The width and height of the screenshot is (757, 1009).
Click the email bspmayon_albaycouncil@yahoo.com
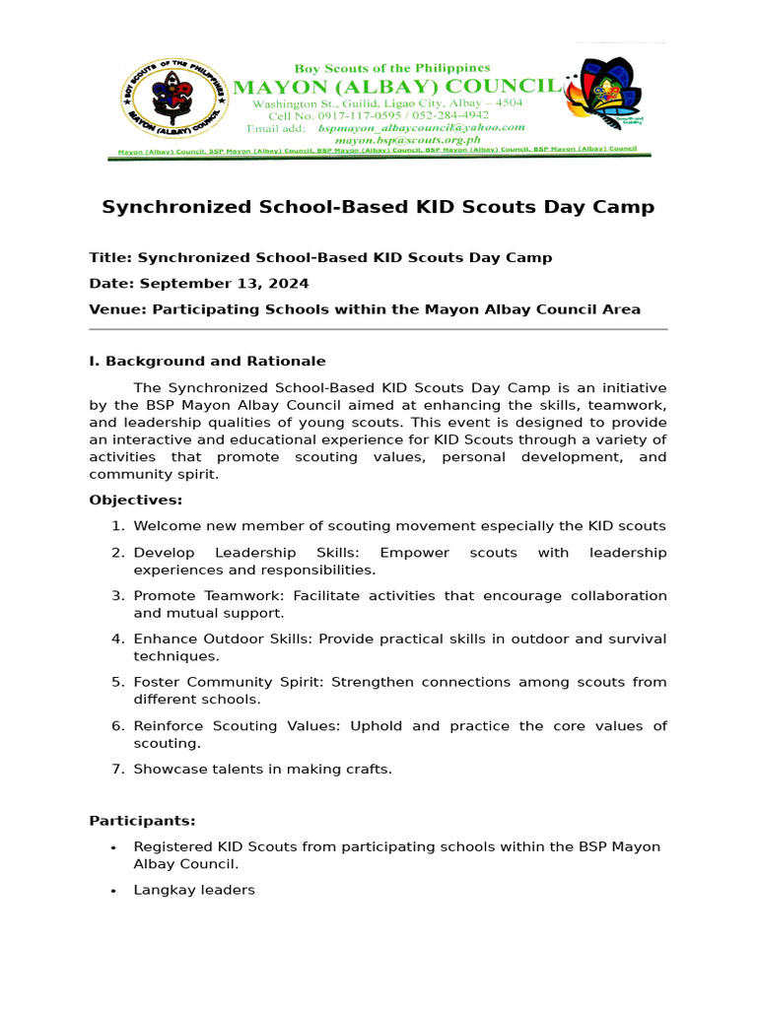(x=421, y=128)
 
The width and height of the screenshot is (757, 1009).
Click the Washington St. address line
(x=387, y=102)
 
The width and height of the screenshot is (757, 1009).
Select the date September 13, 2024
(x=224, y=283)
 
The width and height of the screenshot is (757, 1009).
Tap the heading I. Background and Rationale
(x=207, y=361)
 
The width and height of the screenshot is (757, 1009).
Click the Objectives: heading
(x=135, y=500)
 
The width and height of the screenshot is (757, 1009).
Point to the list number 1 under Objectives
(x=118, y=526)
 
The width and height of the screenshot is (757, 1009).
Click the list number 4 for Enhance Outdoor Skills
(x=118, y=639)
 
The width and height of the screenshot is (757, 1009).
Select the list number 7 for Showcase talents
(x=118, y=769)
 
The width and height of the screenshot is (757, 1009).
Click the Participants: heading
(x=142, y=820)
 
